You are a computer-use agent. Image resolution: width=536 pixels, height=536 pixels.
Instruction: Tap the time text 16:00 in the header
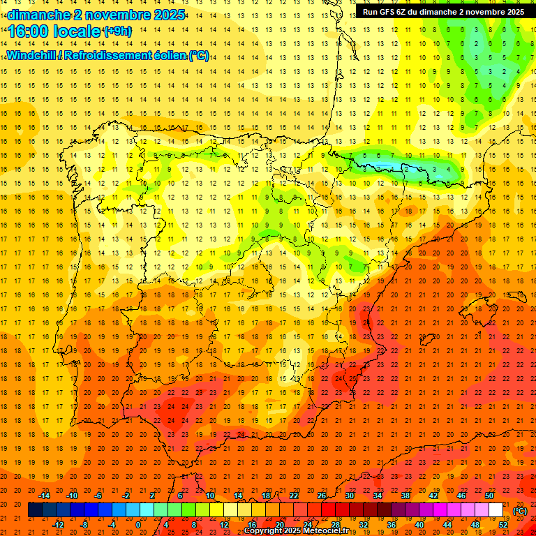tap(31, 31)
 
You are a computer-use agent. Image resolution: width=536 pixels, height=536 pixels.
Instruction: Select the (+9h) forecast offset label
tap(116, 31)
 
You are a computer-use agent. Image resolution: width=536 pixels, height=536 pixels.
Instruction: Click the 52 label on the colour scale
tap(503, 525)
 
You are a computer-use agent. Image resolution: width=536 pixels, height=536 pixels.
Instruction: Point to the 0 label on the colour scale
tap(138, 525)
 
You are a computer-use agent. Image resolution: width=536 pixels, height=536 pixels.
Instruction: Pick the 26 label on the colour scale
tap(321, 496)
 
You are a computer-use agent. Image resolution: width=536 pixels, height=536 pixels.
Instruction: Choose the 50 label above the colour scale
tap(489, 496)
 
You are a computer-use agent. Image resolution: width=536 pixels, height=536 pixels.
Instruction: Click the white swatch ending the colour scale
tap(496, 510)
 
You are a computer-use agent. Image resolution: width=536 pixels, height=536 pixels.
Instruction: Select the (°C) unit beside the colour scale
tap(519, 511)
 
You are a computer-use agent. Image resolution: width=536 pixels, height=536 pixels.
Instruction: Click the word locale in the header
tap(76, 31)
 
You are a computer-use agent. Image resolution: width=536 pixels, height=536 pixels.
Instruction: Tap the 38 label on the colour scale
tap(405, 496)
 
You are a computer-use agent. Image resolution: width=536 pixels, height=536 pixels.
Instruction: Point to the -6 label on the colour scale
tap(98, 496)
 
